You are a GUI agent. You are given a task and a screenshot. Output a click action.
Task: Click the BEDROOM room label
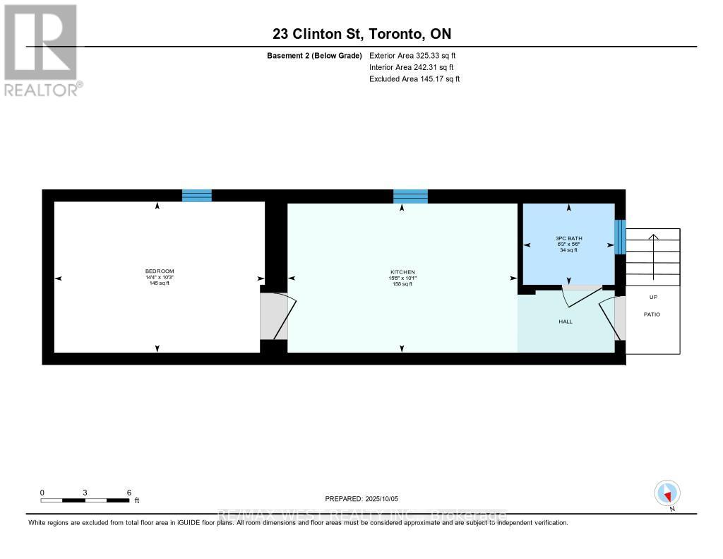click(x=160, y=271)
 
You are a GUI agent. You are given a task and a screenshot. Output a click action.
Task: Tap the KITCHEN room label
click(x=402, y=272)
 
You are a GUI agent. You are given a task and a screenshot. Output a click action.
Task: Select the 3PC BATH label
click(x=568, y=239)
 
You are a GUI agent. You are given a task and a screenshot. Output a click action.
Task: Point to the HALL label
click(x=566, y=322)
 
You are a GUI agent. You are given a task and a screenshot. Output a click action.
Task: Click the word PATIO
click(x=652, y=314)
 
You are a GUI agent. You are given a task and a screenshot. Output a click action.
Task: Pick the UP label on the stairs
click(x=653, y=298)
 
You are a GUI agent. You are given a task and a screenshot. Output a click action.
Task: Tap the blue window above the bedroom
click(x=197, y=196)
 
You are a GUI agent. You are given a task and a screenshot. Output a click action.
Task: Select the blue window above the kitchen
click(x=410, y=196)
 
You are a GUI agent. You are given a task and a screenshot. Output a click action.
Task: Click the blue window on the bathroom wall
click(x=620, y=237)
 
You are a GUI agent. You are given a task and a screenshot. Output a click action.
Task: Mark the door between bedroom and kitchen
click(x=275, y=316)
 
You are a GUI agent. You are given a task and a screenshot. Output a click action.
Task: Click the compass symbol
click(x=667, y=493)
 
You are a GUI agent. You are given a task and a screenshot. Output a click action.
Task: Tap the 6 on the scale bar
click(x=129, y=492)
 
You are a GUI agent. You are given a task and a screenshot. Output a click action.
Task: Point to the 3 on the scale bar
click(x=85, y=492)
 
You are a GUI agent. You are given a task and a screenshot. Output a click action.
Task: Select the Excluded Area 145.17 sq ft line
click(x=414, y=79)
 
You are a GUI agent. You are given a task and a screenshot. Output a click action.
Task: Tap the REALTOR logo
click(x=41, y=49)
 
